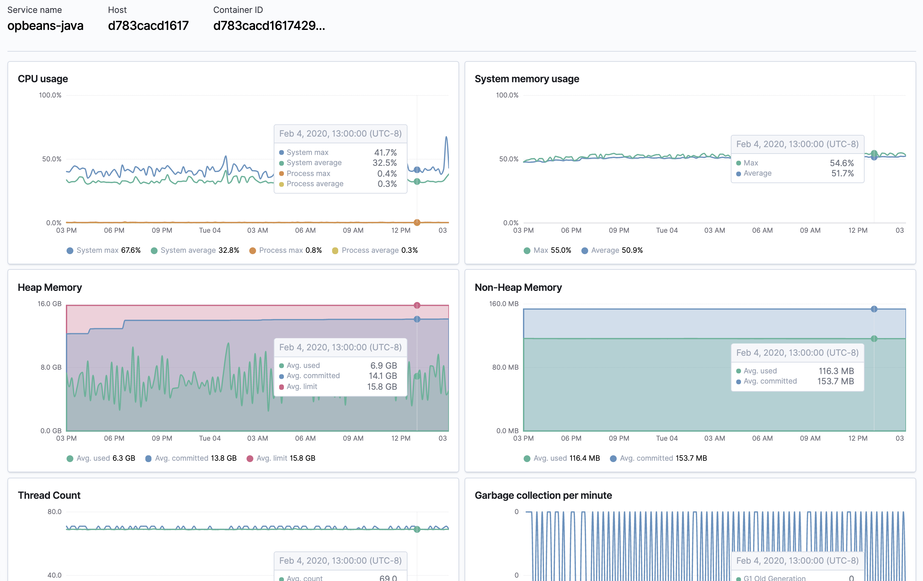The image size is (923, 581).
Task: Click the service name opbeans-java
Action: coord(45,26)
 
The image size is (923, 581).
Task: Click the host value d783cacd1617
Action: coord(148,26)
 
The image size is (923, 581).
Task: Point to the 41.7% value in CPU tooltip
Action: coord(385,153)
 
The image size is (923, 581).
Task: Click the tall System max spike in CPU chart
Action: coord(446,137)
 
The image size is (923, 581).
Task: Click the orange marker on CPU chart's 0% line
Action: coord(417,223)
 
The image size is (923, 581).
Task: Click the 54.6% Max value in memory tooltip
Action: coord(842,163)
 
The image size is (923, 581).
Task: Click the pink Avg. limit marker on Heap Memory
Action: coord(417,305)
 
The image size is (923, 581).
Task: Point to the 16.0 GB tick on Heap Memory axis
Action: coord(50,304)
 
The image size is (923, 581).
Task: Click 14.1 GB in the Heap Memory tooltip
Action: coord(382,376)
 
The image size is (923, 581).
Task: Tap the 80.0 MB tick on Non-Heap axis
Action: coord(505,367)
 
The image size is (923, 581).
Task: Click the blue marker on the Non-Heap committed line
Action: coord(874,309)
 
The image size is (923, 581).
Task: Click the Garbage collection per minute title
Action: coord(543,495)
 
